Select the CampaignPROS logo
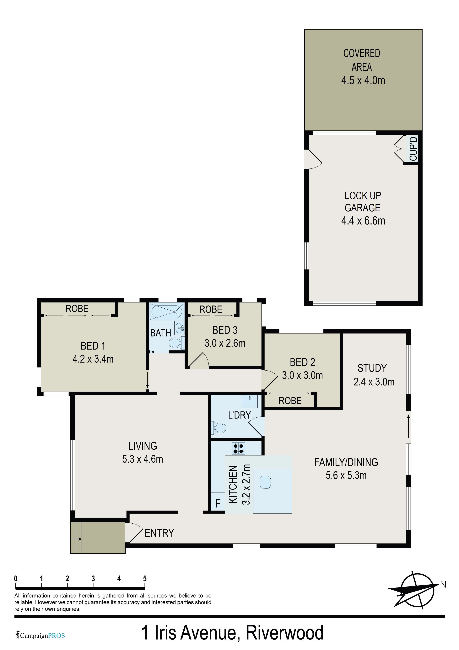coord(40,636)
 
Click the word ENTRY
coord(159,533)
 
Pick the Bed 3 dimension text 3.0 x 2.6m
coord(225,343)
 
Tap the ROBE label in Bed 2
coord(290,401)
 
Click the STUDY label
coord(372,368)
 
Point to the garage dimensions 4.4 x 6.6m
coord(363,221)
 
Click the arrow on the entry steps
coord(76,539)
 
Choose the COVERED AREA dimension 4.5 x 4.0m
coord(363,80)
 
